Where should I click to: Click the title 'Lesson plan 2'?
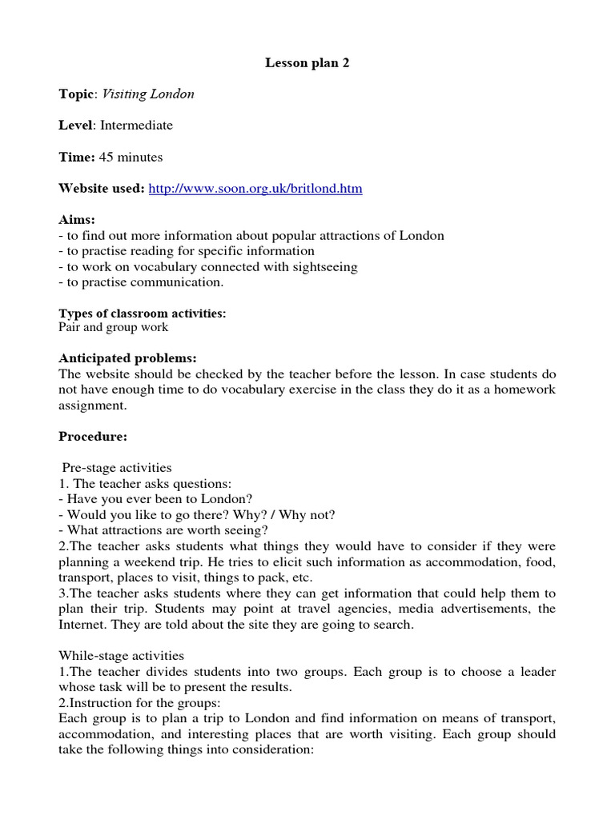307,63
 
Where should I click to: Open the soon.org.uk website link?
255,189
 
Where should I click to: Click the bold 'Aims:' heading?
77,220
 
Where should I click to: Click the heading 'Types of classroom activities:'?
143,314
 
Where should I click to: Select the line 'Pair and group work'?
113,327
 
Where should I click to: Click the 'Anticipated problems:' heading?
127,358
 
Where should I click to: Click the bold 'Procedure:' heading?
93,437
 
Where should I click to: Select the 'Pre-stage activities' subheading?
117,468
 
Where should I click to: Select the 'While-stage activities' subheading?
121,656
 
